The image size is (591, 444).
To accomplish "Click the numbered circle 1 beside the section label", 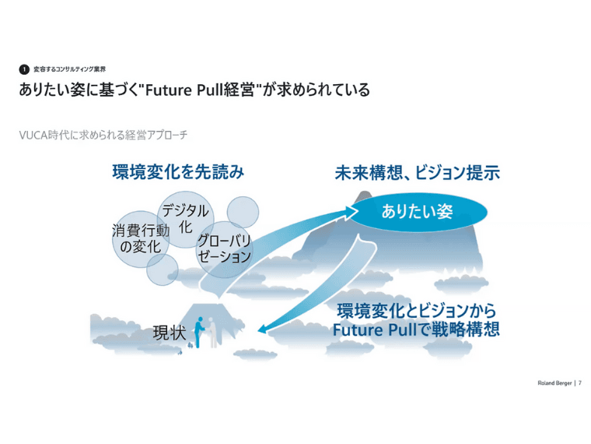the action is (x=24, y=69).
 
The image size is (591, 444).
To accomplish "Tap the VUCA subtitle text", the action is (x=103, y=135).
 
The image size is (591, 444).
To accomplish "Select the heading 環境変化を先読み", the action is (x=178, y=172).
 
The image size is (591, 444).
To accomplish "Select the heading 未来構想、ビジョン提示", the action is (x=418, y=173).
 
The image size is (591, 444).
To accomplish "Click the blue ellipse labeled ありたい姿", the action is (x=417, y=212).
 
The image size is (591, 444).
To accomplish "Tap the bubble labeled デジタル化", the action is (x=186, y=220).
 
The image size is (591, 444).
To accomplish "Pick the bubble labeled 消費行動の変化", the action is (x=141, y=239).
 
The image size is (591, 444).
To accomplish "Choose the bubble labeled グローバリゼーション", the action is (x=224, y=249).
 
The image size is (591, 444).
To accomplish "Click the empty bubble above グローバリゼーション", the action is (x=243, y=212).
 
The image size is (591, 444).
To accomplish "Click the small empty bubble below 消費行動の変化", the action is (x=162, y=270).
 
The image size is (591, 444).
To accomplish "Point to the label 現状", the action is (x=170, y=333).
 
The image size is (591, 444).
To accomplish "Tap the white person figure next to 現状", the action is (x=212, y=333).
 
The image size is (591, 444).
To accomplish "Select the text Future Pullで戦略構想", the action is (x=416, y=329).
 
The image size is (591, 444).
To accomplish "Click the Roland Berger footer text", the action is (x=554, y=382).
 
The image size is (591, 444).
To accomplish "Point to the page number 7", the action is (x=580, y=382).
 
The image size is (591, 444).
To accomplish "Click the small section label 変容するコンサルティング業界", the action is (x=70, y=69).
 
